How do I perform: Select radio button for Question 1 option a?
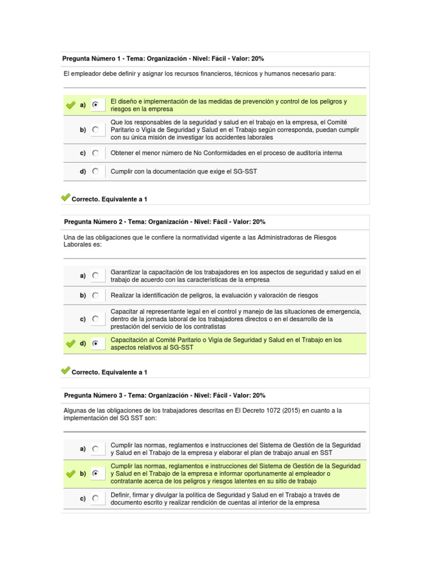pyautogui.click(x=96, y=105)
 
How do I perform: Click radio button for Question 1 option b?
pyautogui.click(x=96, y=129)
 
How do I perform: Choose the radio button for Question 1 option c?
pyautogui.click(x=96, y=153)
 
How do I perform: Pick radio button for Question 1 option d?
pyautogui.click(x=96, y=172)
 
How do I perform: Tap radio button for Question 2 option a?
pyautogui.click(x=96, y=275)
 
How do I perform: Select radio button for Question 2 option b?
pyautogui.click(x=96, y=295)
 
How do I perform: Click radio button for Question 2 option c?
pyautogui.click(x=96, y=319)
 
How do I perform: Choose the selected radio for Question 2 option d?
pyautogui.click(x=96, y=344)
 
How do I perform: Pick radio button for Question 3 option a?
pyautogui.click(x=96, y=449)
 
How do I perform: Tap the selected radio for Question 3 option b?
pyautogui.click(x=96, y=473)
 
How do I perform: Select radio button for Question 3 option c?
pyautogui.click(x=96, y=498)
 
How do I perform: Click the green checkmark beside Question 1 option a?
pyautogui.click(x=71, y=105)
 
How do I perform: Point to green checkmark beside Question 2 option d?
pyautogui.click(x=71, y=344)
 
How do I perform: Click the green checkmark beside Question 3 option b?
pyautogui.click(x=71, y=473)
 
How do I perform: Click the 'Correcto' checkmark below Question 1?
pyautogui.click(x=66, y=198)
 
